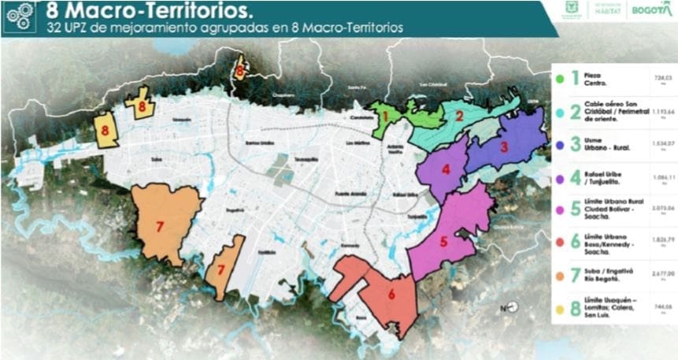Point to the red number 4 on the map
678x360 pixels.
coord(446,169)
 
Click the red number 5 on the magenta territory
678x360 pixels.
coord(443,242)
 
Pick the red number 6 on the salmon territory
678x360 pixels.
coord(391,294)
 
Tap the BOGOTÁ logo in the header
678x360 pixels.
coord(650,9)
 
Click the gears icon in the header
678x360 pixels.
coord(17,17)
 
